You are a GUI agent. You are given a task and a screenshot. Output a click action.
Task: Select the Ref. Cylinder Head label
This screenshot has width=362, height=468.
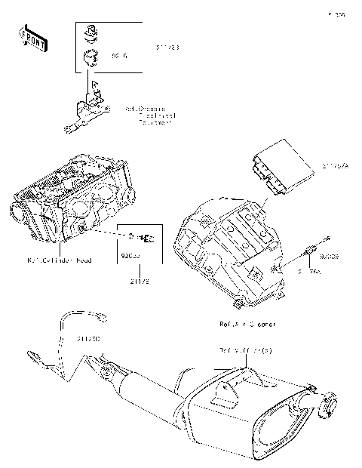coord(60,260)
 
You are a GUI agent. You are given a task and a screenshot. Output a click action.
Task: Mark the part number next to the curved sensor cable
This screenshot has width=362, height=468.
coord(88,339)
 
